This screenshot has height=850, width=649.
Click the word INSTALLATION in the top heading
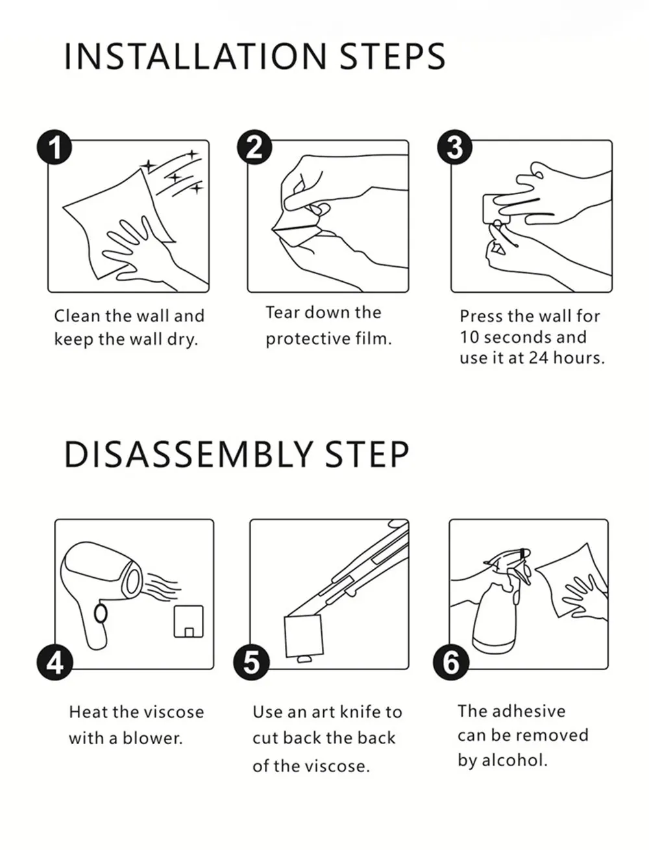tap(195, 56)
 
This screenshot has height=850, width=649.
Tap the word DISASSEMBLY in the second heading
tap(188, 455)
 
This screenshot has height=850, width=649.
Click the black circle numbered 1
tap(55, 147)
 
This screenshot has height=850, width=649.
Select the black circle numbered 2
tap(254, 147)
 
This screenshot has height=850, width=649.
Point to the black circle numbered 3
tap(454, 147)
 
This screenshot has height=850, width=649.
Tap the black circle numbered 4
tap(55, 662)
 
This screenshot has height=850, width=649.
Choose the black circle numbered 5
tap(251, 662)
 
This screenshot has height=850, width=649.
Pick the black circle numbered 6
tap(451, 662)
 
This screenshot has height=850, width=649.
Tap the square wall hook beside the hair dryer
tap(188, 621)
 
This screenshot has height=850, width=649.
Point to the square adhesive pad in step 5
tap(304, 636)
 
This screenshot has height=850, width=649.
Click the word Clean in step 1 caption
tap(77, 316)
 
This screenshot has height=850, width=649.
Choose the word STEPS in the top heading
tap(393, 56)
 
